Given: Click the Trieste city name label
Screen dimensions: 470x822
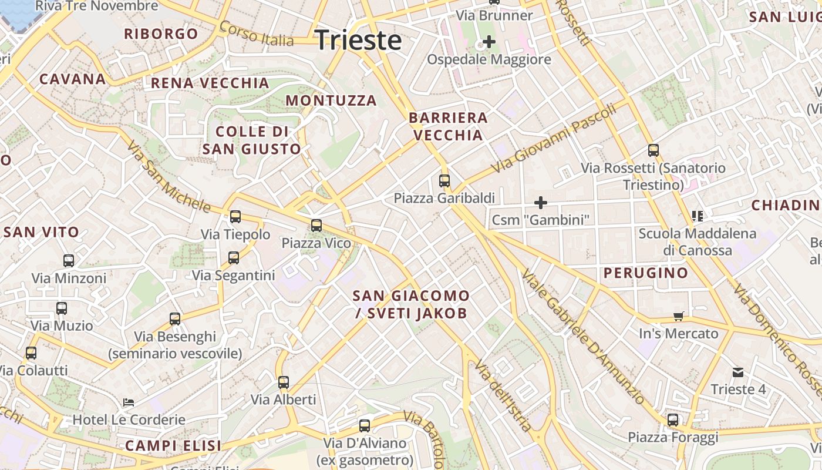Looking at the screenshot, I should [358, 40].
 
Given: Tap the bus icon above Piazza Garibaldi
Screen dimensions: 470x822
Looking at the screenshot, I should [444, 181].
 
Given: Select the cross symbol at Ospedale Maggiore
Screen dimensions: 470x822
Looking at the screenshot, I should [489, 42].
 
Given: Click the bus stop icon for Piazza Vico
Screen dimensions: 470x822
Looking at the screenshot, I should [316, 225].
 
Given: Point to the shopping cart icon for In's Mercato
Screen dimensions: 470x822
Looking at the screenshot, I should [679, 317].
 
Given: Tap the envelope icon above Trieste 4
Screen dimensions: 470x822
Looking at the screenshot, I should [738, 372].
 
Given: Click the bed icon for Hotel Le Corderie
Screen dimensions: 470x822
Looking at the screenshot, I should [129, 402].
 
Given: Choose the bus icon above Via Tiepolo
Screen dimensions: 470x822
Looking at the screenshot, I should [235, 217].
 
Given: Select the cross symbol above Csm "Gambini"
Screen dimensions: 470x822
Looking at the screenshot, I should [540, 203].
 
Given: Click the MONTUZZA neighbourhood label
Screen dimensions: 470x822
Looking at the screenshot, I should [331, 100].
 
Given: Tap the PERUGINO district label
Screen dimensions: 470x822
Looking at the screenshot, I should [646, 273].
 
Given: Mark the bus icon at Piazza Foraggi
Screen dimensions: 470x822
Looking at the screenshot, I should [673, 420].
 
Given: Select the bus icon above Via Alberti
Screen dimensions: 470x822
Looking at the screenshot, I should [284, 382].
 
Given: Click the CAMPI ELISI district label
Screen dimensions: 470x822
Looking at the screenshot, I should [173, 445].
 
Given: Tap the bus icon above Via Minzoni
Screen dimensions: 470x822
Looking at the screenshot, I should [69, 261].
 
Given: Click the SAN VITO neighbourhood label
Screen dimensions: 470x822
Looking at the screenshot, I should [41, 232].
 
